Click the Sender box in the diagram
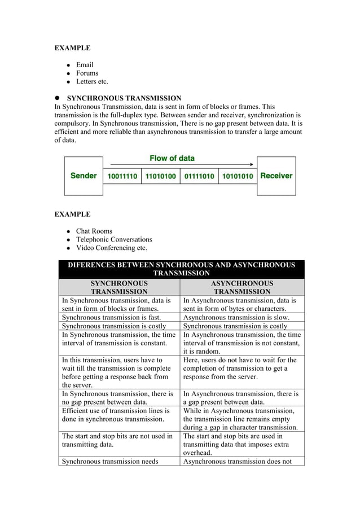84,176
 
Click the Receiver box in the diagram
276,176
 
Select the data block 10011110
122,177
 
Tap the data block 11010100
161,177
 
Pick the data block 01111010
199,177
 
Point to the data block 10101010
238,177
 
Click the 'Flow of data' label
172,158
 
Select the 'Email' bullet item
85,65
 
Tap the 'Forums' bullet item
87,73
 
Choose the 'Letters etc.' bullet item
92,82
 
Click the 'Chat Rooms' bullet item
94,231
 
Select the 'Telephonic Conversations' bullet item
114,239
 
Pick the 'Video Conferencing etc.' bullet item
111,248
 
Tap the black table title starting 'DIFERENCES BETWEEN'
181,269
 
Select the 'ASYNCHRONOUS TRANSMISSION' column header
242,287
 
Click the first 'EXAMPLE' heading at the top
72,48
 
